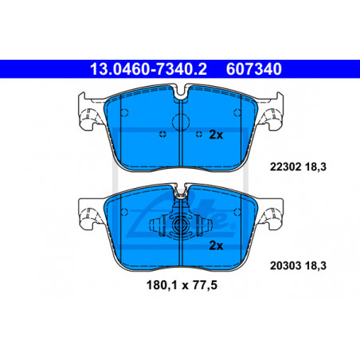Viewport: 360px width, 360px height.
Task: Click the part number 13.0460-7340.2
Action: click(148, 69)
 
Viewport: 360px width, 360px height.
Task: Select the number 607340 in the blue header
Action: click(254, 69)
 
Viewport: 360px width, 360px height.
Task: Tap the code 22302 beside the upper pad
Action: click(286, 167)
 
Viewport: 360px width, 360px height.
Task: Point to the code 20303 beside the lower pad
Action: click(286, 265)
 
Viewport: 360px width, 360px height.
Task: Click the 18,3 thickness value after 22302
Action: click(315, 167)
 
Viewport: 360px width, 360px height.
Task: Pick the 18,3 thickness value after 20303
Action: click(315, 266)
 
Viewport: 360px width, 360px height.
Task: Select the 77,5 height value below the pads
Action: click(205, 285)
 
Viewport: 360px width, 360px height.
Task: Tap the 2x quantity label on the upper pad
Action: click(216, 135)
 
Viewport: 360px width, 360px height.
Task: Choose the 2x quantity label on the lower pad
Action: click(216, 245)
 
